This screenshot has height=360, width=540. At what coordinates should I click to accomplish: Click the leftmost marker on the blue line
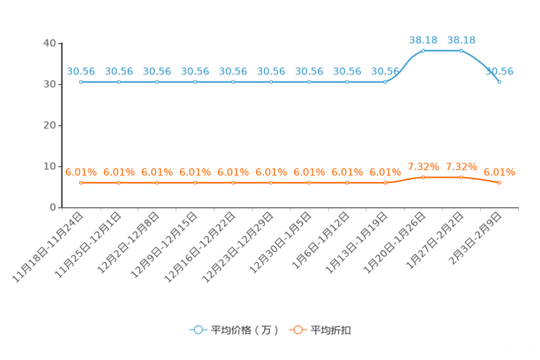(x=81, y=81)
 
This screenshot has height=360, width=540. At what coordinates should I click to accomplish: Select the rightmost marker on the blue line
(x=499, y=81)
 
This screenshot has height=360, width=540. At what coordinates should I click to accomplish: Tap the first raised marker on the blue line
(x=423, y=50)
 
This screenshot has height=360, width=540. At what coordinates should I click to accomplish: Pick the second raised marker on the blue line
(x=461, y=50)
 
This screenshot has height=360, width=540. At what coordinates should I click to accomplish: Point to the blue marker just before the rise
(x=385, y=81)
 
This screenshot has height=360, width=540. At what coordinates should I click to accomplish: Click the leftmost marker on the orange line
(x=81, y=183)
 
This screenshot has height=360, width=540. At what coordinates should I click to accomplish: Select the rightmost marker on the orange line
(x=499, y=183)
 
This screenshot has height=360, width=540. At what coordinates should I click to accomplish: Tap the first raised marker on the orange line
(x=423, y=176)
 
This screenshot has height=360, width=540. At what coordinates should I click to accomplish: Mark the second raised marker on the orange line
(x=461, y=176)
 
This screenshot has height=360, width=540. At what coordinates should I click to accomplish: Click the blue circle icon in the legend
(x=197, y=330)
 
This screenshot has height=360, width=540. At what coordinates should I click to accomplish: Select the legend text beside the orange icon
(x=332, y=330)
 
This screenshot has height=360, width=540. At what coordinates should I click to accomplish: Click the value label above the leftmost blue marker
(x=81, y=70)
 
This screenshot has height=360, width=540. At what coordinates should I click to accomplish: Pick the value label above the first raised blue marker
(x=423, y=39)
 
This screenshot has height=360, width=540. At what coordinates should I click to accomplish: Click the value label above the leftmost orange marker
(x=81, y=172)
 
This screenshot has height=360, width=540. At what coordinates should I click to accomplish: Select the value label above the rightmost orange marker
(x=499, y=172)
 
